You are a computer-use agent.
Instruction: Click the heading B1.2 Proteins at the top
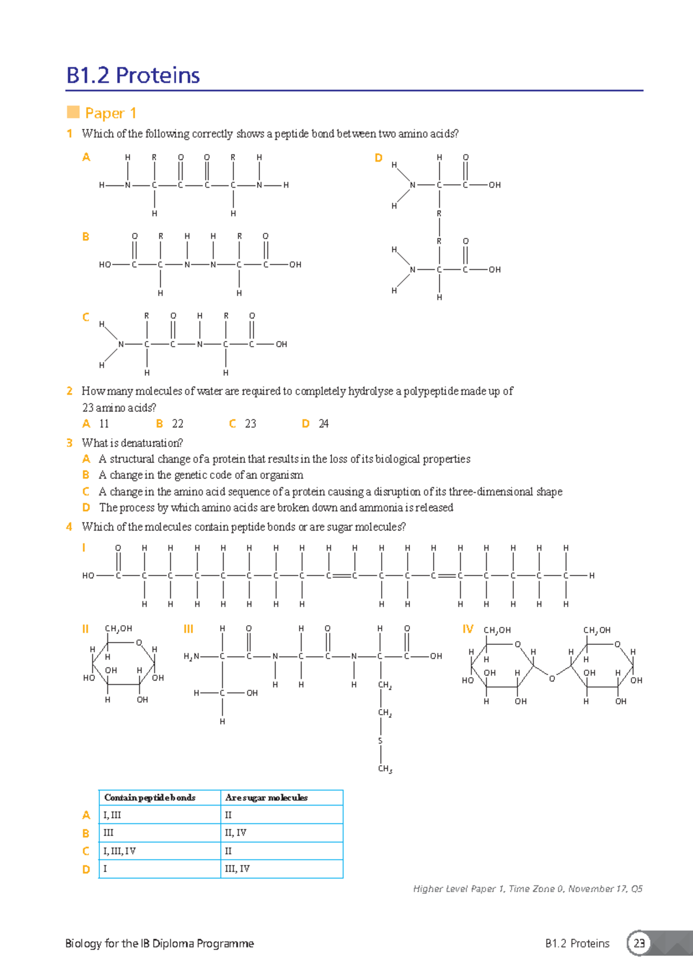click(133, 76)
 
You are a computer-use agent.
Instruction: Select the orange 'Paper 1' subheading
click(110, 113)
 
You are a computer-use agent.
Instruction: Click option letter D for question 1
click(378, 158)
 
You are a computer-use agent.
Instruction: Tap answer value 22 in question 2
click(177, 424)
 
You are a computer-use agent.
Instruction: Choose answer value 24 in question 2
click(323, 424)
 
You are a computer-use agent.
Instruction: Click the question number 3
click(69, 443)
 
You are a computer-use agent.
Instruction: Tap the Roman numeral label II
click(85, 629)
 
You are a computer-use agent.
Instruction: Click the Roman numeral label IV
click(468, 629)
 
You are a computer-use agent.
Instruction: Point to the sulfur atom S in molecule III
click(380, 741)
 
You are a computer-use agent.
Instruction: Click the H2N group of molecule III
click(191, 656)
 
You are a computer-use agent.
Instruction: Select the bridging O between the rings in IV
click(552, 678)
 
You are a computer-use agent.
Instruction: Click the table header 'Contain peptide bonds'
click(150, 798)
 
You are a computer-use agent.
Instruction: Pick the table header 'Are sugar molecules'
click(266, 798)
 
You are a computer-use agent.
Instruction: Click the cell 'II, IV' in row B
click(235, 833)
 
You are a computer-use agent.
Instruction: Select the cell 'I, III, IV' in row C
click(119, 851)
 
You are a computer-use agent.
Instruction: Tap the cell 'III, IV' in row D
click(237, 869)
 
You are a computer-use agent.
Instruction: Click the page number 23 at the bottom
click(639, 944)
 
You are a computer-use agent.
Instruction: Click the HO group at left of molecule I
click(88, 576)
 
